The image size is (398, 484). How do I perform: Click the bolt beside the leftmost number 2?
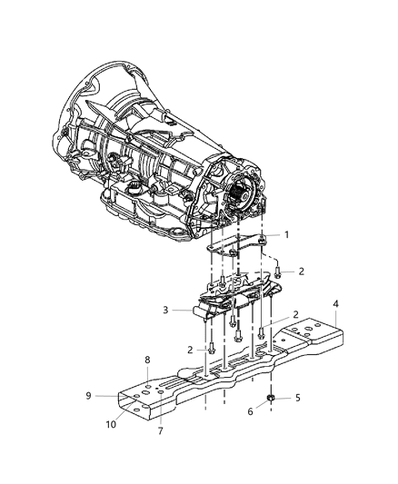point(212,346)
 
